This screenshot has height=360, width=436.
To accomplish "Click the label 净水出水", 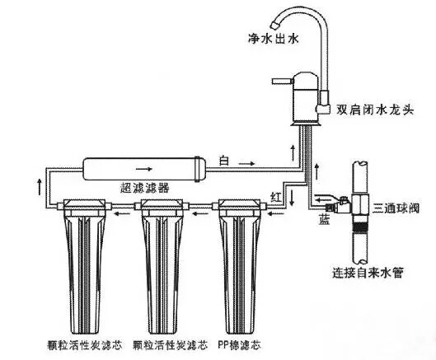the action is pos(273,39).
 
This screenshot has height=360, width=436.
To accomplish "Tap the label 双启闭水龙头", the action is pos(375,110).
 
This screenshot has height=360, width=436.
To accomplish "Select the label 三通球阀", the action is pos(396,208).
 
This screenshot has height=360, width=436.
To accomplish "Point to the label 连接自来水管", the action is pos(368,273).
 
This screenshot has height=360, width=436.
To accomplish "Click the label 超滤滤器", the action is pos(144,188).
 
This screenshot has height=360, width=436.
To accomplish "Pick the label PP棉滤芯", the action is pos(239,345).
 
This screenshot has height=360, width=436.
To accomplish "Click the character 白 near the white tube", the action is pos(224,161).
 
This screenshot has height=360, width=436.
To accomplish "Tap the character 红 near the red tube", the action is pos(276,197).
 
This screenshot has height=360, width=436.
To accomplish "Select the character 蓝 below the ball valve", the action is pos(324,220).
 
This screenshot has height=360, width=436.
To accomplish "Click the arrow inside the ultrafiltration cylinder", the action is pos(144,169).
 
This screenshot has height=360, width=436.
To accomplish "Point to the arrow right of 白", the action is pos(247,163).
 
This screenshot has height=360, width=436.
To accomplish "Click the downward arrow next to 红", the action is pos(292,198).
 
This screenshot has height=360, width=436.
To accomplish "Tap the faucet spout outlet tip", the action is pos(275,25).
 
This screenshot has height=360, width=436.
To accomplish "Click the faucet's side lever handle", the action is pos(283,82).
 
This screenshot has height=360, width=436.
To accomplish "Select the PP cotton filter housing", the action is pos(239,266).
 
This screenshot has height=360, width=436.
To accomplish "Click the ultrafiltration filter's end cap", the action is pos(199,170).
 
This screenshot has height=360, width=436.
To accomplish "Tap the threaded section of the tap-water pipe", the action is pos(360,225).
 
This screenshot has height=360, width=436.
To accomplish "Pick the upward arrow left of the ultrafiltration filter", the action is pos(40,187).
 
